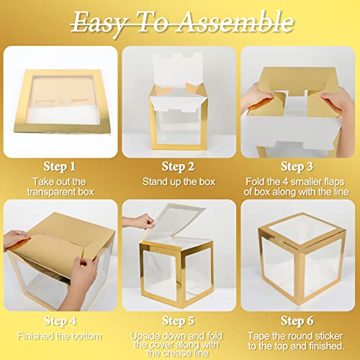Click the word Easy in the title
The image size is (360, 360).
click(99, 24)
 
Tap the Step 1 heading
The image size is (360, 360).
click(59, 166)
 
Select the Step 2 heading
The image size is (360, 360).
click(178, 166)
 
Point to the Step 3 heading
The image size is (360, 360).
click(297, 166)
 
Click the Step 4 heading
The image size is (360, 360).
click(60, 321)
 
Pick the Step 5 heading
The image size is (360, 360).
click(178, 321)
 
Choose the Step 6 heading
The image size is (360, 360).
click(297, 321)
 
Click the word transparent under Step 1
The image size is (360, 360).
click(48, 192)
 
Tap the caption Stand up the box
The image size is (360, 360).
click(179, 182)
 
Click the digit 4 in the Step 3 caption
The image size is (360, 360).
click(285, 181)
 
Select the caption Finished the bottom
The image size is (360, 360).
click(59, 336)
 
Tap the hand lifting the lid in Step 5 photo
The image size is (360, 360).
click(139, 222)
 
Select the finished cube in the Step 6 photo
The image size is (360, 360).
click(302, 259)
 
